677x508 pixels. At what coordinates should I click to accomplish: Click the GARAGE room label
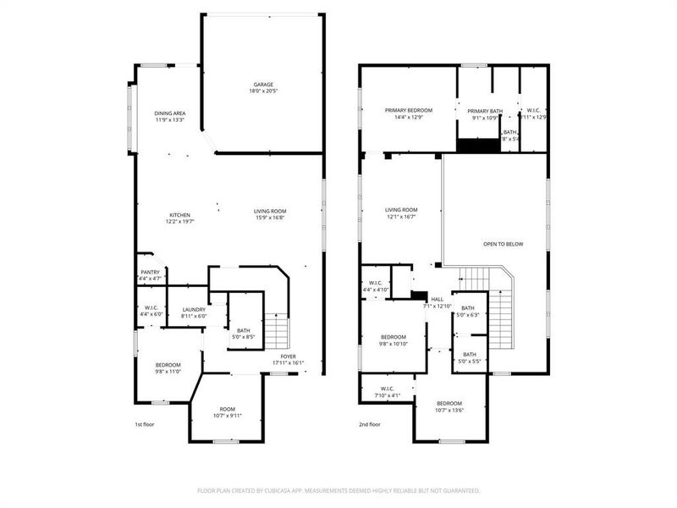(263, 85)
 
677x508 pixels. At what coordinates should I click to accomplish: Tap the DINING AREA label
(170, 113)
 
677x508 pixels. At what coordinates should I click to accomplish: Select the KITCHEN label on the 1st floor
(179, 215)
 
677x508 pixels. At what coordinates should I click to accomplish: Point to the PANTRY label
(150, 272)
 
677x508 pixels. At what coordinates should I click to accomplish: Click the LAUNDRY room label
(194, 310)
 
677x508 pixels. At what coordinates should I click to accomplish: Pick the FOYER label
(289, 356)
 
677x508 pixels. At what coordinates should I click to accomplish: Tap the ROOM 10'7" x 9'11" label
(228, 409)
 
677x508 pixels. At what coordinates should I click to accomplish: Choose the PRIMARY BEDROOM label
(409, 110)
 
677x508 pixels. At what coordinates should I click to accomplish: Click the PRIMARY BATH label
(485, 111)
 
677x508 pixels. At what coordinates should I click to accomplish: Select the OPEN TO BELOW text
(503, 244)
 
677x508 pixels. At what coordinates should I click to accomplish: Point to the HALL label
(438, 299)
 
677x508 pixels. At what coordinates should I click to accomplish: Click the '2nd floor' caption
(370, 424)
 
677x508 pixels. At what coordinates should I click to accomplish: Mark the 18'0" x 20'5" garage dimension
(263, 91)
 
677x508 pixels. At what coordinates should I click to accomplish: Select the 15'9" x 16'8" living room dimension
(271, 218)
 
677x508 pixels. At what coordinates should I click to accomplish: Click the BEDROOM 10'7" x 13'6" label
(449, 403)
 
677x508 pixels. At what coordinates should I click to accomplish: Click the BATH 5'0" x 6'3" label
(468, 308)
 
